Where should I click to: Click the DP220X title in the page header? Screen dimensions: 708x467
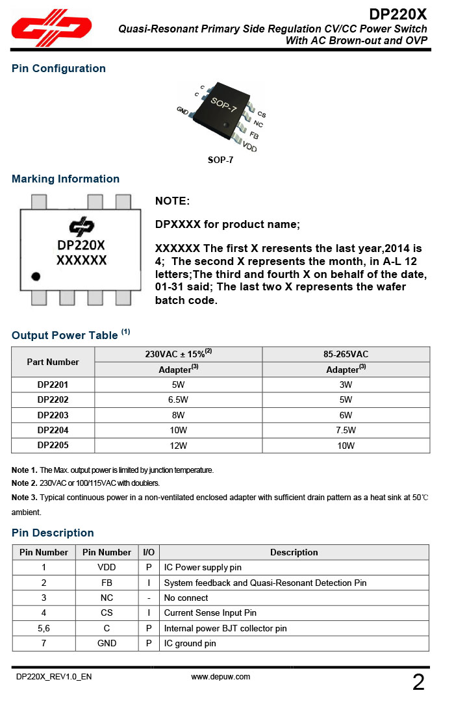[x=398, y=14]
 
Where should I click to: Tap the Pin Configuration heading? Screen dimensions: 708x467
[x=58, y=68]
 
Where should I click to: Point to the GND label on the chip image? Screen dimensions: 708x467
[x=183, y=110]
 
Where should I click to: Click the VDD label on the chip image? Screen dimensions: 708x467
[x=249, y=147]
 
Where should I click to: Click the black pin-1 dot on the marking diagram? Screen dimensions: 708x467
[x=36, y=276]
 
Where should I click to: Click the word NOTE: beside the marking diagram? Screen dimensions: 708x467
[x=172, y=201]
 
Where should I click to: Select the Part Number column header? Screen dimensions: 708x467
[x=53, y=362]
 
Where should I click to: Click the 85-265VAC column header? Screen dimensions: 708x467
[x=346, y=354]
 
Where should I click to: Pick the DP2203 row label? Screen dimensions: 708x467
[x=53, y=415]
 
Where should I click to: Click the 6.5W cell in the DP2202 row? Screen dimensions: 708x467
[x=178, y=399]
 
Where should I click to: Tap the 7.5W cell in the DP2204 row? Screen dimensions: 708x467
[x=346, y=430]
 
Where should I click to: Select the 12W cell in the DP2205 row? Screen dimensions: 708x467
[x=178, y=446]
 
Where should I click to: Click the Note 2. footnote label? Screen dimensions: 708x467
[x=25, y=483]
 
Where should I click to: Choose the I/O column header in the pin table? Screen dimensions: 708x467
[x=149, y=552]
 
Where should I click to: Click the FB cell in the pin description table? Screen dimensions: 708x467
[x=107, y=583]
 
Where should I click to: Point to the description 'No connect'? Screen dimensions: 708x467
[x=186, y=598]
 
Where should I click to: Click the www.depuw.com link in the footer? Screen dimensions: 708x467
[x=221, y=676]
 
